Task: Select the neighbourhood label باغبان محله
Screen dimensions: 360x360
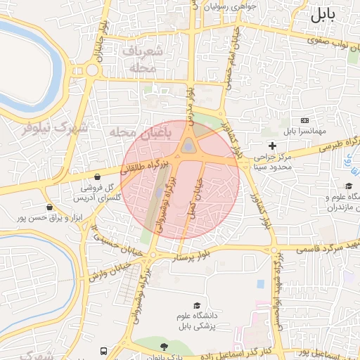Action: pos(136,133)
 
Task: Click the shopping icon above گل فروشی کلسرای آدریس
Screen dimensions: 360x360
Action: pos(96,176)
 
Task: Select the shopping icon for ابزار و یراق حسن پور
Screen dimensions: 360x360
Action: pos(49,207)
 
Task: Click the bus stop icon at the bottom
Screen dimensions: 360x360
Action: pos(104,351)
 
